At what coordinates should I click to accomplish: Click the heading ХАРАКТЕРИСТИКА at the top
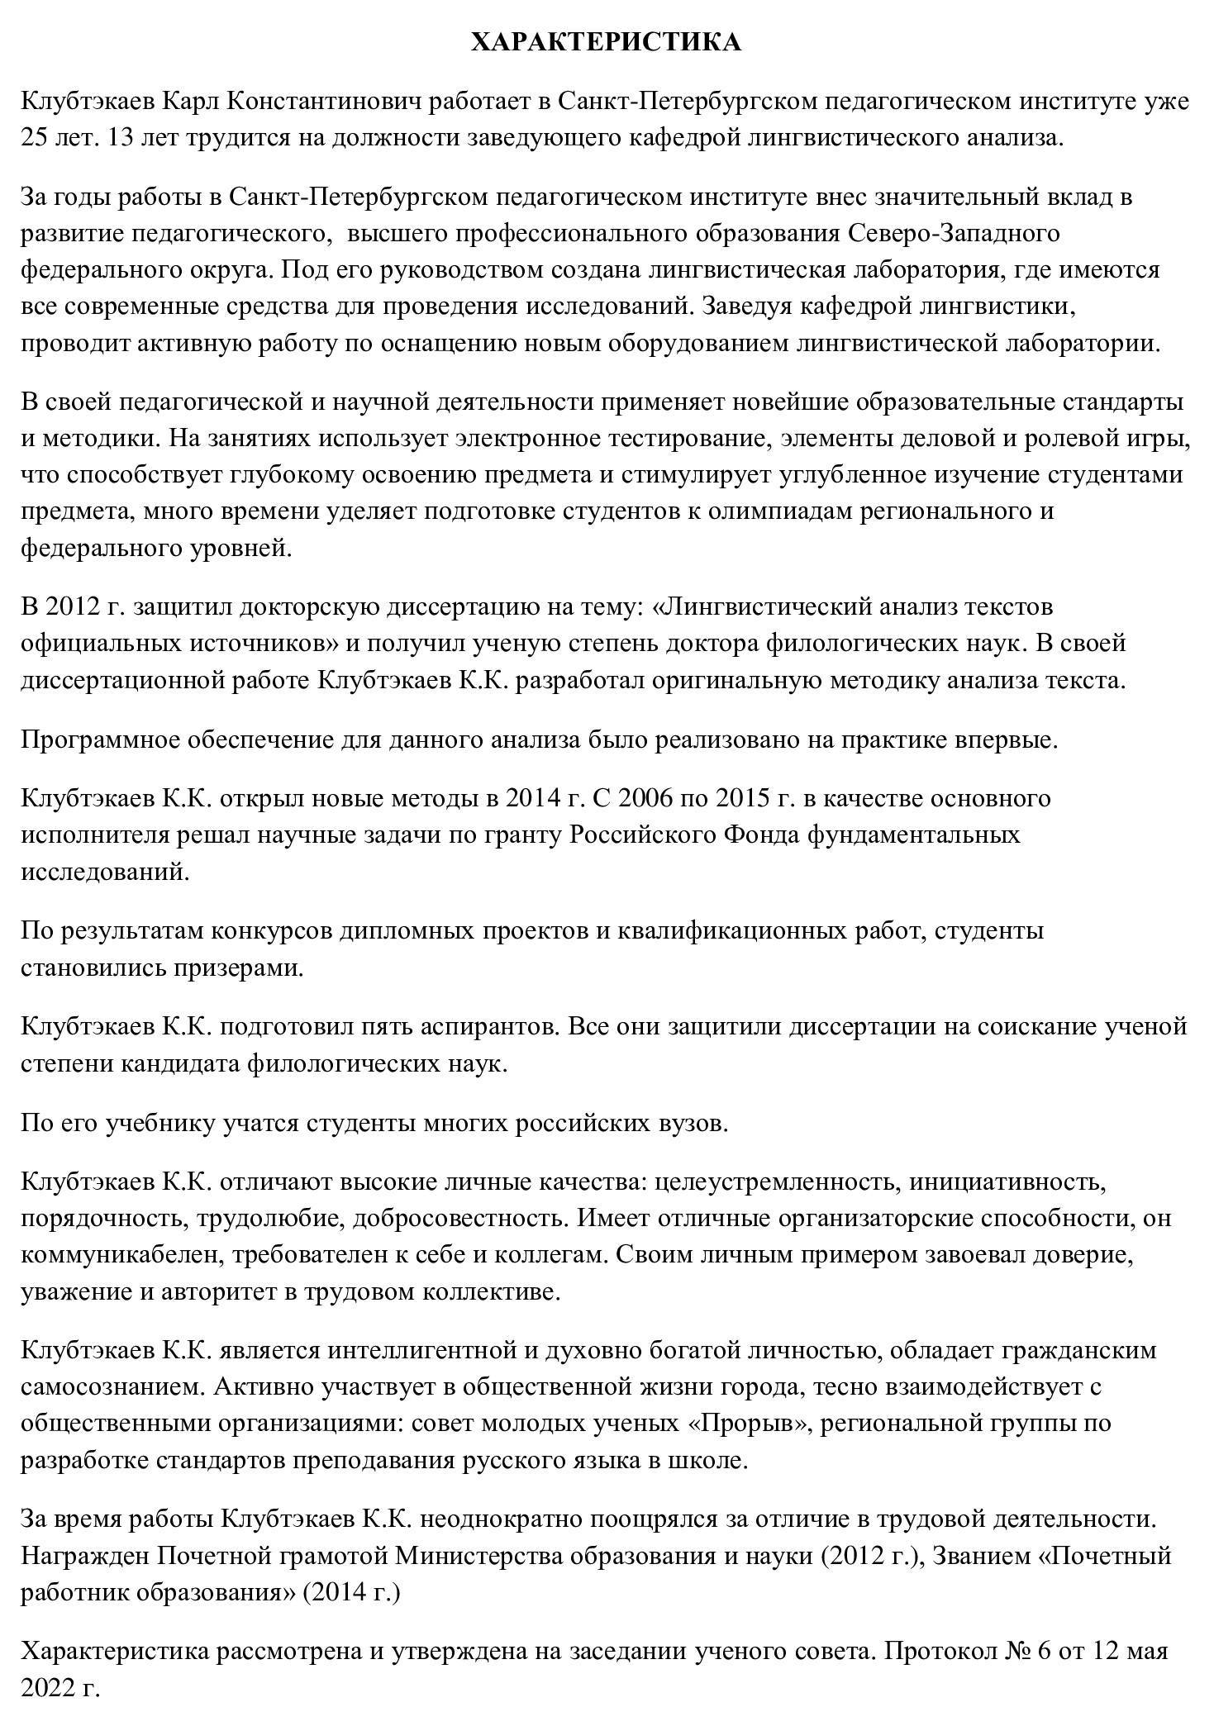coord(606,42)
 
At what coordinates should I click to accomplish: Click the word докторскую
coord(309,606)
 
